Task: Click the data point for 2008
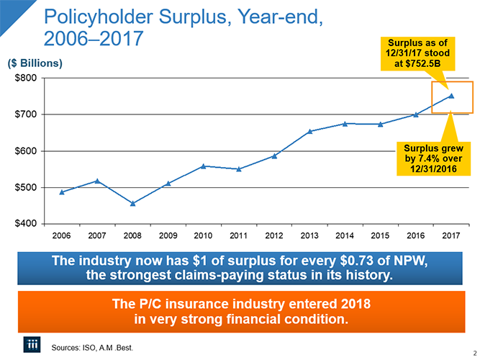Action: [x=132, y=203]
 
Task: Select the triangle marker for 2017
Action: [x=451, y=95]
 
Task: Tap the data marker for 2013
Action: [x=309, y=131]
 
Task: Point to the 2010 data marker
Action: [x=204, y=166]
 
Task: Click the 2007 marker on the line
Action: [x=97, y=180]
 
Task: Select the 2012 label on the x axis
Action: [x=274, y=235]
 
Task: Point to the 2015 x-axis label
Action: [x=380, y=235]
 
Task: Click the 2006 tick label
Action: [x=62, y=235]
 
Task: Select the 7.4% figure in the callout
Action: [x=427, y=158]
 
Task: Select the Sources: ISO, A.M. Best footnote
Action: [x=91, y=348]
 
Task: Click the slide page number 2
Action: [x=473, y=353]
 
